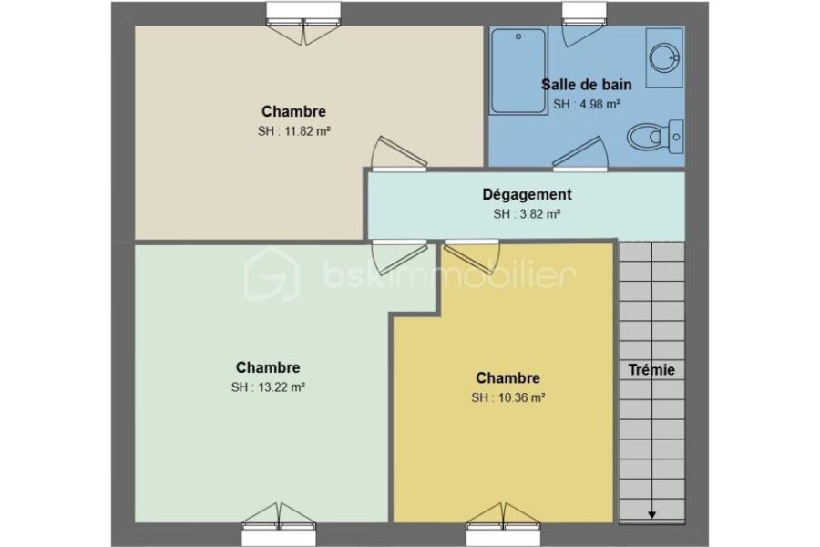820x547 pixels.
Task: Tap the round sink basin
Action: (x=664, y=57)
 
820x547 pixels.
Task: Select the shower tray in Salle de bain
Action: (x=518, y=71)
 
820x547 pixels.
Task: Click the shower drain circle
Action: (x=518, y=36)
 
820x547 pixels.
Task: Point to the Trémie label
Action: (x=651, y=370)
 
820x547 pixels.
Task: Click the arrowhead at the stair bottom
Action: (x=651, y=515)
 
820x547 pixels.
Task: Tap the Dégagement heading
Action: (x=527, y=194)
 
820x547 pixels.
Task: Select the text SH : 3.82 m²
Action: (x=527, y=214)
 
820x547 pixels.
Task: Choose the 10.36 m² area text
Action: (x=522, y=397)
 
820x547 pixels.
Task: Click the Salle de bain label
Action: (x=586, y=84)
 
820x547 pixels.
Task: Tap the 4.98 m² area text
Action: (x=599, y=104)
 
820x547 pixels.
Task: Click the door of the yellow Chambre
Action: (x=472, y=256)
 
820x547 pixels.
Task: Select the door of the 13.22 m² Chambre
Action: (x=400, y=256)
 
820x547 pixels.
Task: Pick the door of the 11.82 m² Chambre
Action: (x=398, y=154)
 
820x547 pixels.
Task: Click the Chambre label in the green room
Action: (x=268, y=367)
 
